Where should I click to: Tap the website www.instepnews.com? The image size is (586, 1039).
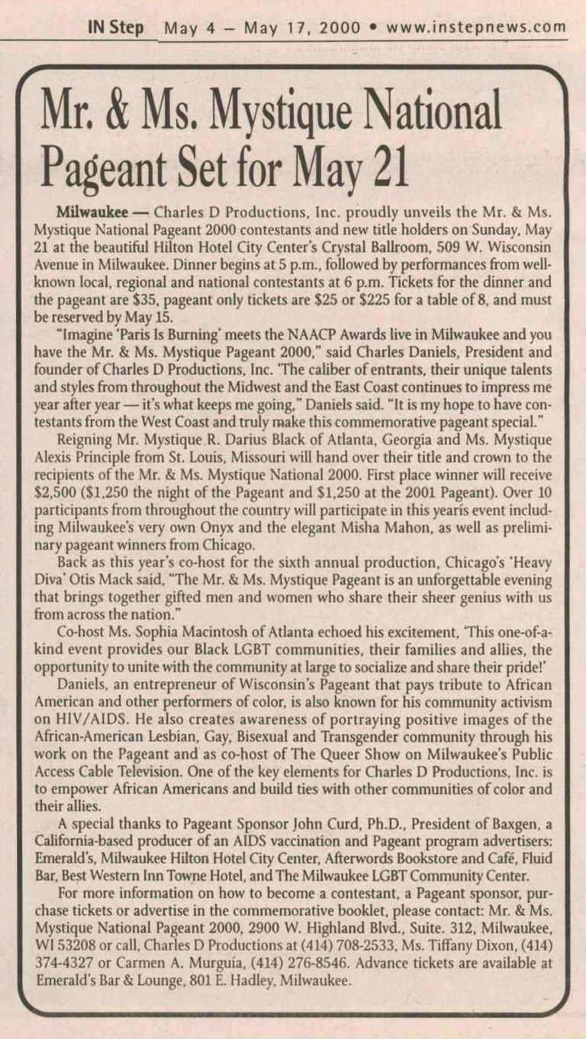coord(476,28)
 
